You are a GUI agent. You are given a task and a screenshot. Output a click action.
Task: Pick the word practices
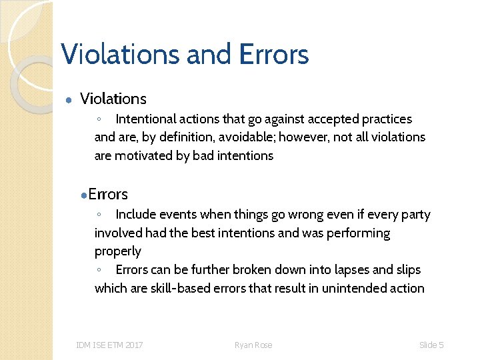point(387,119)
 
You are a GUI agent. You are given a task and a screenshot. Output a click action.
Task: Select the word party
point(415,215)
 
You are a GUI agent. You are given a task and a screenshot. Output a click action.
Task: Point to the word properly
point(118,251)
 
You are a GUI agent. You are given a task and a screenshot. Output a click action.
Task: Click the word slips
point(409,270)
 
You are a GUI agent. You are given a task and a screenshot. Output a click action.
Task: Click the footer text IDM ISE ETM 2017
point(109,345)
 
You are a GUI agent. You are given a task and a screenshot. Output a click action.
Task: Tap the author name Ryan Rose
point(253,345)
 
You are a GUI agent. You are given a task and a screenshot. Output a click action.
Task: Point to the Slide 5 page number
point(431,345)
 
